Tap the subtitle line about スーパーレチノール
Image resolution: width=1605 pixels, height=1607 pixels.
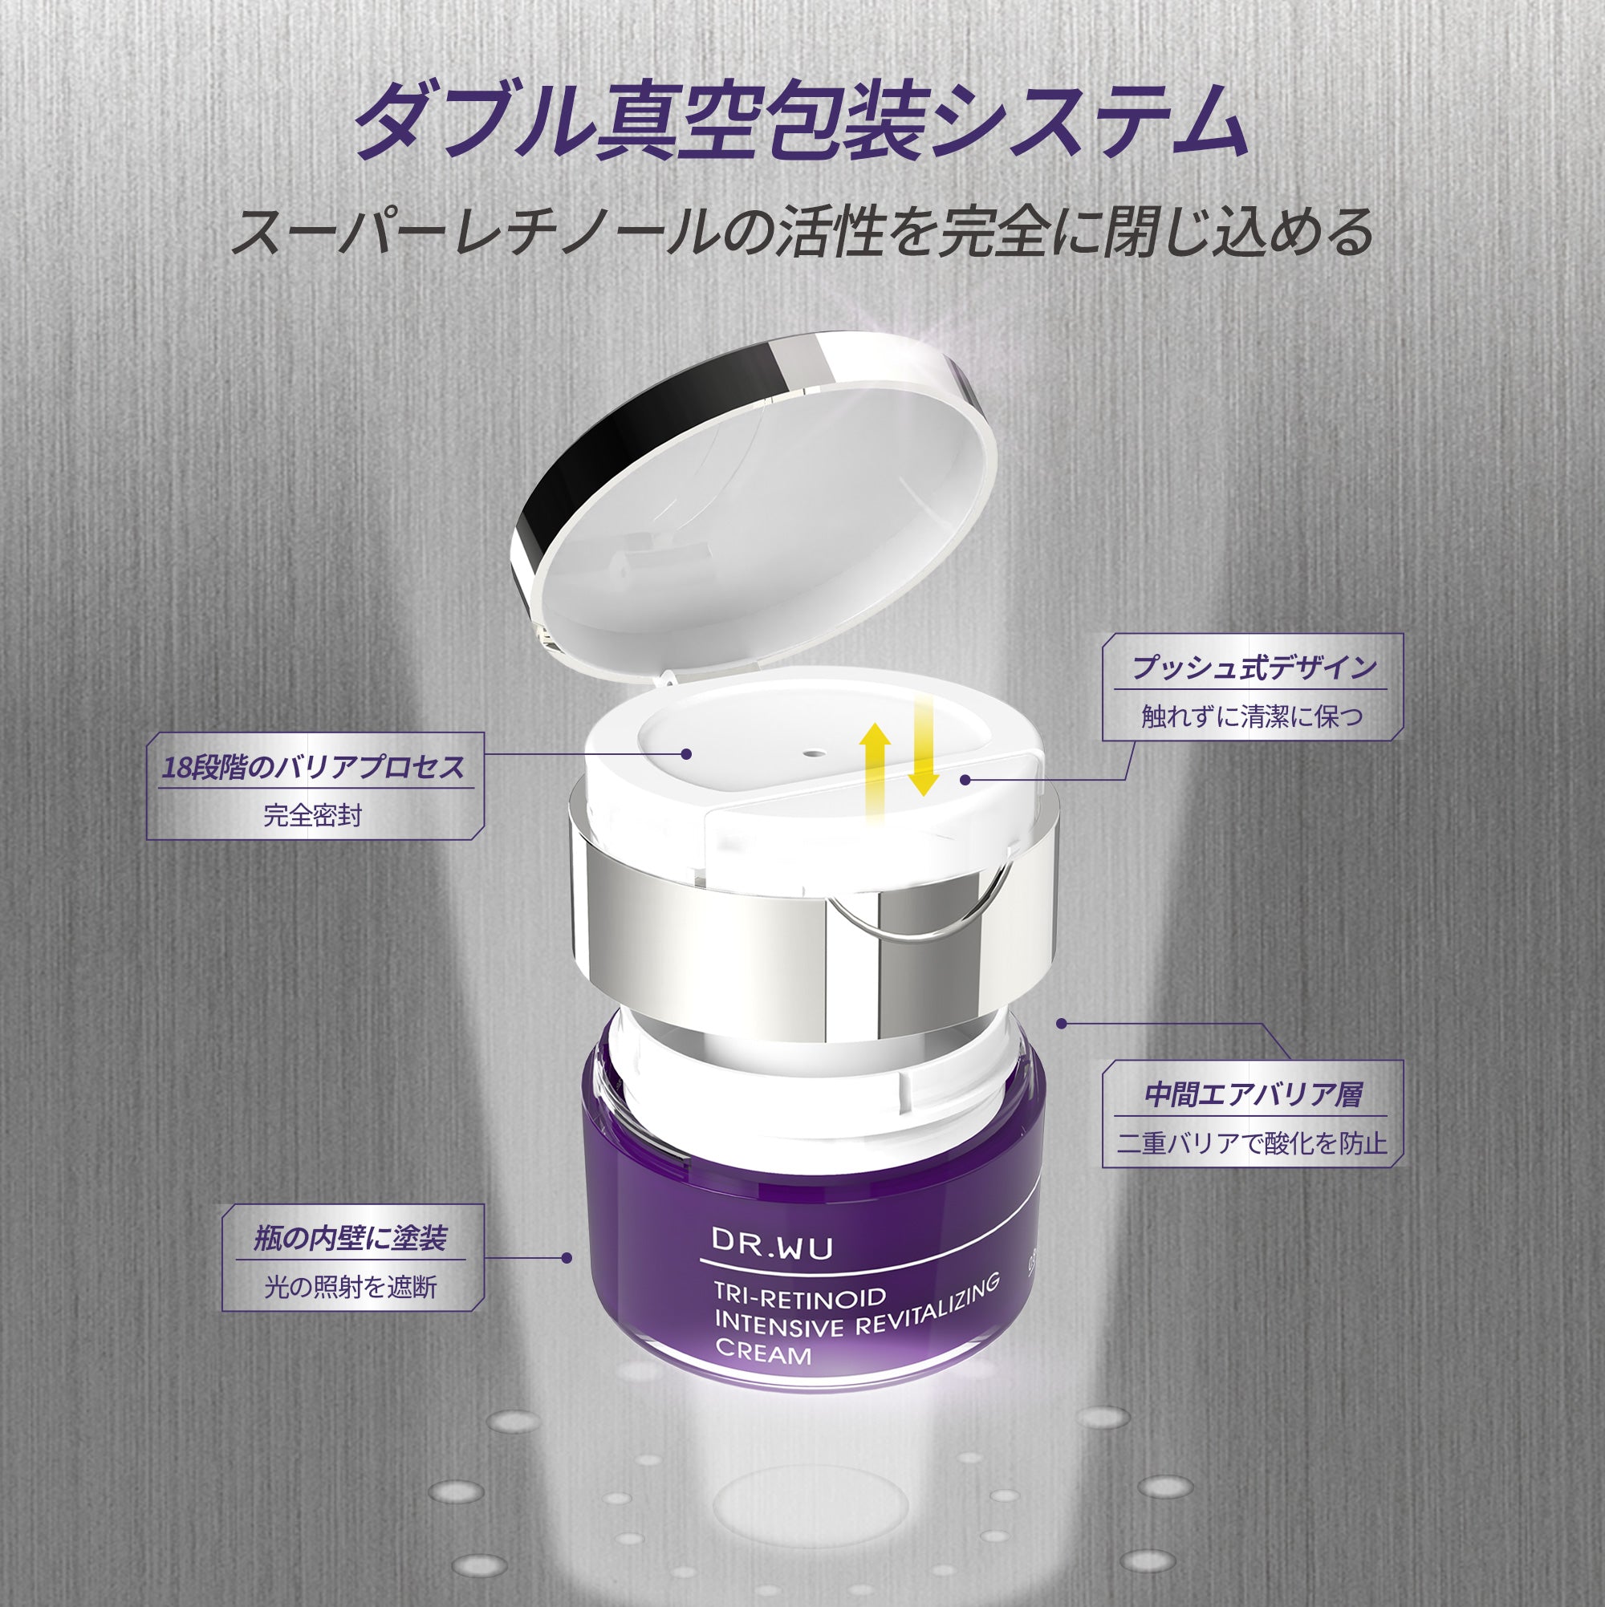click(802, 232)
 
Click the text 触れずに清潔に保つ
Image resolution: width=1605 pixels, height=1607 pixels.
click(1252, 717)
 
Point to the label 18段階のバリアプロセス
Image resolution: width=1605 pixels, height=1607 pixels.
click(314, 767)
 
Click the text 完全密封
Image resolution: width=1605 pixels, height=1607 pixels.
click(313, 816)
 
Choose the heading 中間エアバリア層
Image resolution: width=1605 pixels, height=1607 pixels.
click(1253, 1095)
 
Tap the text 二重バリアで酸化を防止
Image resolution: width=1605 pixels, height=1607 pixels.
click(1252, 1144)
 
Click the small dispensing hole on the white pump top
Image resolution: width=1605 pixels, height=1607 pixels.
click(811, 753)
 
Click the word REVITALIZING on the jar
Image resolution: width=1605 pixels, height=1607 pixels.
click(926, 1309)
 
